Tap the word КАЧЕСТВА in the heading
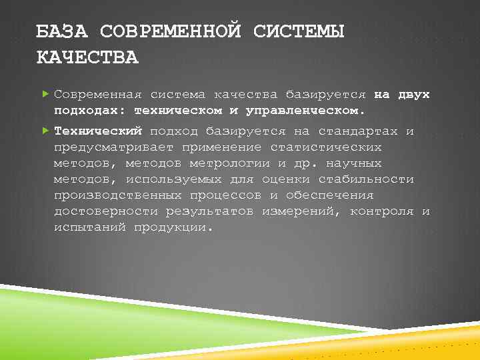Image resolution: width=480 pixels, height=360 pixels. (x=87, y=57)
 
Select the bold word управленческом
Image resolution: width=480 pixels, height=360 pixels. (x=305, y=110)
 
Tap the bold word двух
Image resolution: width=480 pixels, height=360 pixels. (x=413, y=95)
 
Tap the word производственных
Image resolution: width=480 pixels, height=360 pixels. (x=117, y=195)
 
